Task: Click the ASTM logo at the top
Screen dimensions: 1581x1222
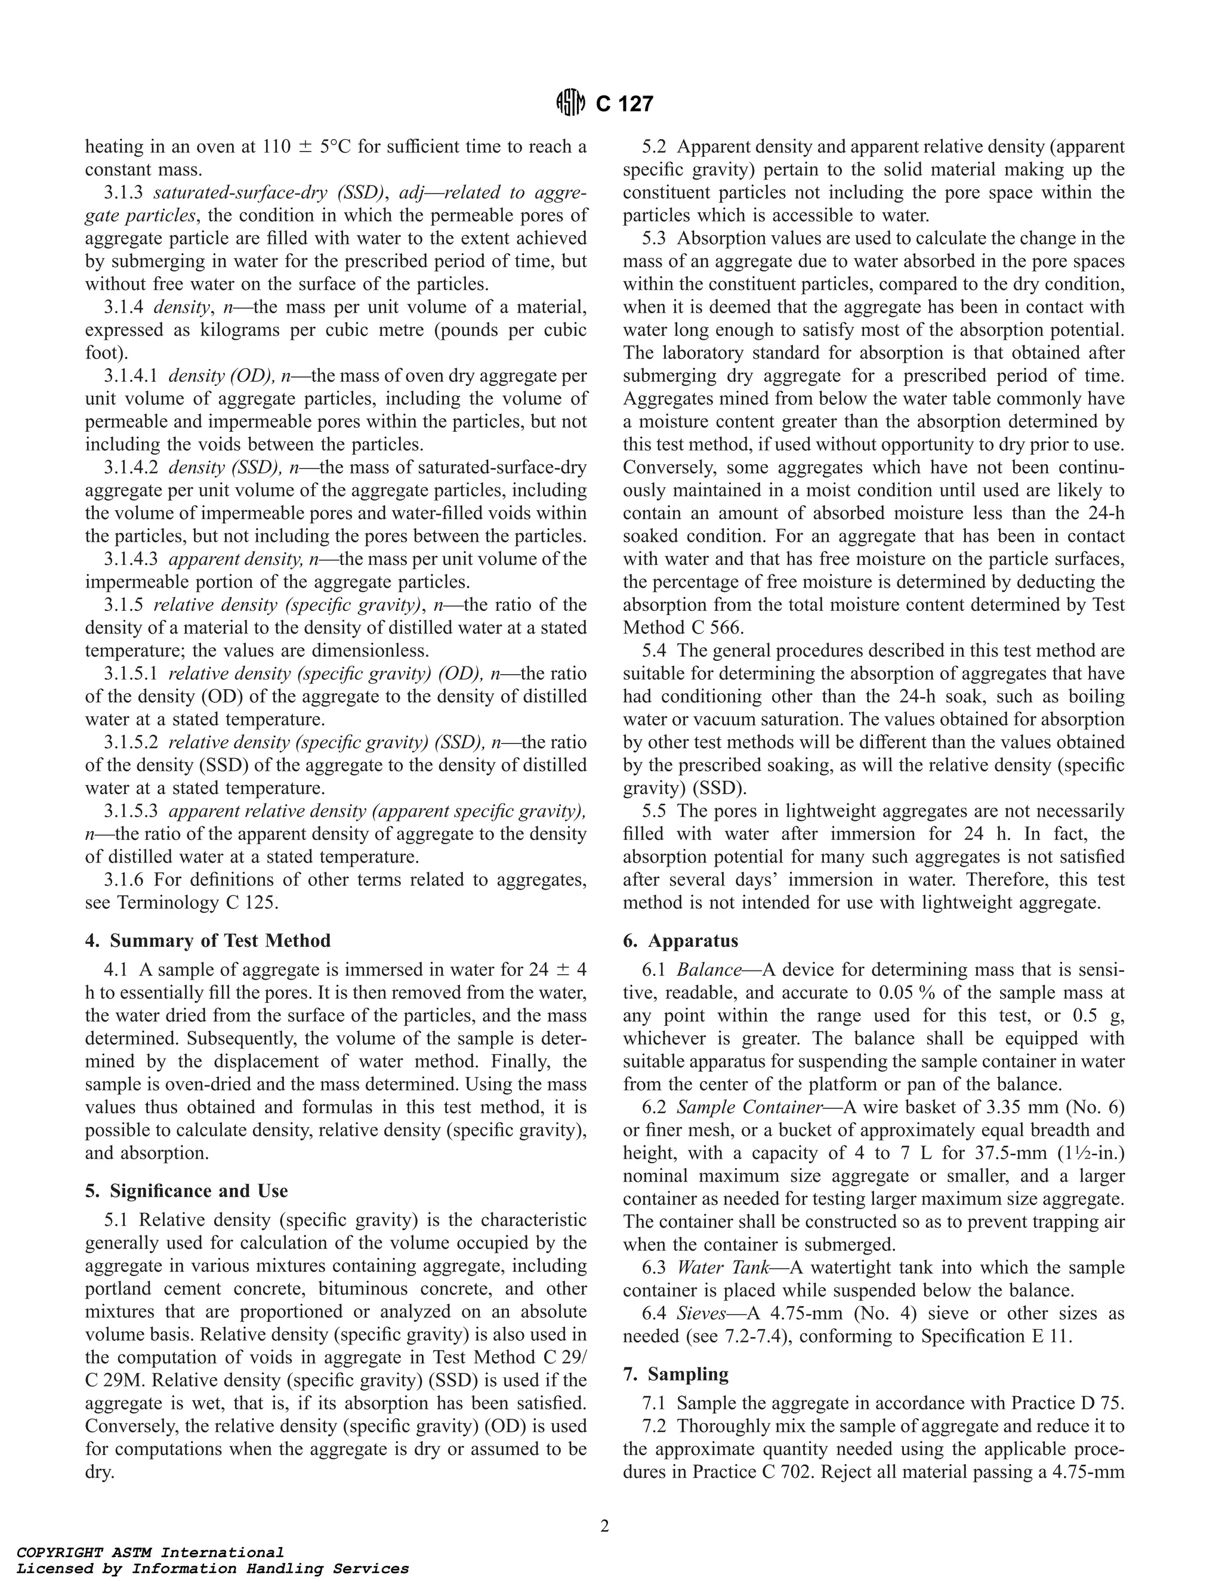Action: point(570,104)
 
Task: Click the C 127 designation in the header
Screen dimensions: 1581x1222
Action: point(624,104)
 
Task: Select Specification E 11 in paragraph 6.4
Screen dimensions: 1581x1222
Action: point(995,1336)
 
